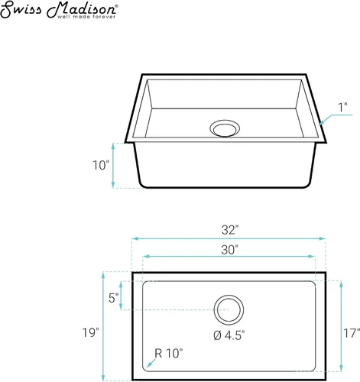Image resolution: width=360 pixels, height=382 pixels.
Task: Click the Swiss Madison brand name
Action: pos(59,9)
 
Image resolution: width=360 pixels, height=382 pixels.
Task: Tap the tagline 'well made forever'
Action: pos(86,17)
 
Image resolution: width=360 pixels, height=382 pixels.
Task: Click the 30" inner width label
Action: pos(229,250)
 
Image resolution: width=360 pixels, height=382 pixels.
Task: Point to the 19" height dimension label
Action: pos(90,332)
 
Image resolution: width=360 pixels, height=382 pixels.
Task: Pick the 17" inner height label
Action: pos(352,333)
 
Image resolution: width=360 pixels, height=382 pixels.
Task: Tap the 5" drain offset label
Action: pos(114,298)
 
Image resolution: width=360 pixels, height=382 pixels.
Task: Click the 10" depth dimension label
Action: pos(101,165)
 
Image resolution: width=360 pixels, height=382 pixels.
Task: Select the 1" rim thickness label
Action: pos(343,107)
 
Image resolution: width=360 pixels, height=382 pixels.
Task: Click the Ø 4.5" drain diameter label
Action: pos(229,335)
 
